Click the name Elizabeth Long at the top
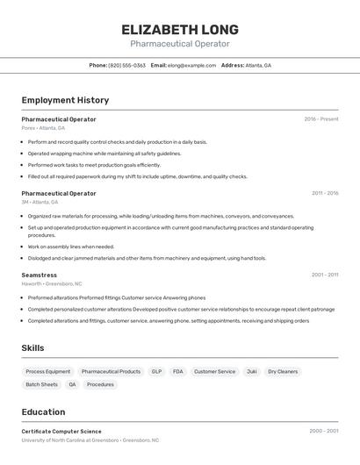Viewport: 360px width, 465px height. point(180,30)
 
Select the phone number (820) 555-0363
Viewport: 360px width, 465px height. point(126,65)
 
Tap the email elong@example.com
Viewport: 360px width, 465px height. point(191,65)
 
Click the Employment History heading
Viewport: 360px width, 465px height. point(65,100)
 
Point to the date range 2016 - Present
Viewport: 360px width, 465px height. point(321,118)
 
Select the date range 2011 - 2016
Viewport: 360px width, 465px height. point(325,193)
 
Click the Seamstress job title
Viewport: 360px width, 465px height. point(39,275)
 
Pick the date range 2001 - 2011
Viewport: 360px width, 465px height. point(325,275)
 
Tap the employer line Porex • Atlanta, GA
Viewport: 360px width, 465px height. point(43,128)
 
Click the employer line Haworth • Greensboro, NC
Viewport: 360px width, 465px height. point(51,284)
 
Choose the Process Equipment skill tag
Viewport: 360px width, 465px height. point(48,371)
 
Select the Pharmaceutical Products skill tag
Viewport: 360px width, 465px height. point(111,371)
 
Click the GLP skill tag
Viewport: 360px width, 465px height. point(156,371)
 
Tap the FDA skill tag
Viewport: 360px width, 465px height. point(178,371)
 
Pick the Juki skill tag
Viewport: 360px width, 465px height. point(252,371)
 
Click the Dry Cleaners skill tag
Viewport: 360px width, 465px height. point(283,371)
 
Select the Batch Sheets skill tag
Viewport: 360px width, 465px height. point(41,384)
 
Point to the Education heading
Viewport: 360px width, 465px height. point(43,411)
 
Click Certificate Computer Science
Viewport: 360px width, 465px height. point(61,431)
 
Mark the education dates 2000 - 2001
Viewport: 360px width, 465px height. point(324,431)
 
